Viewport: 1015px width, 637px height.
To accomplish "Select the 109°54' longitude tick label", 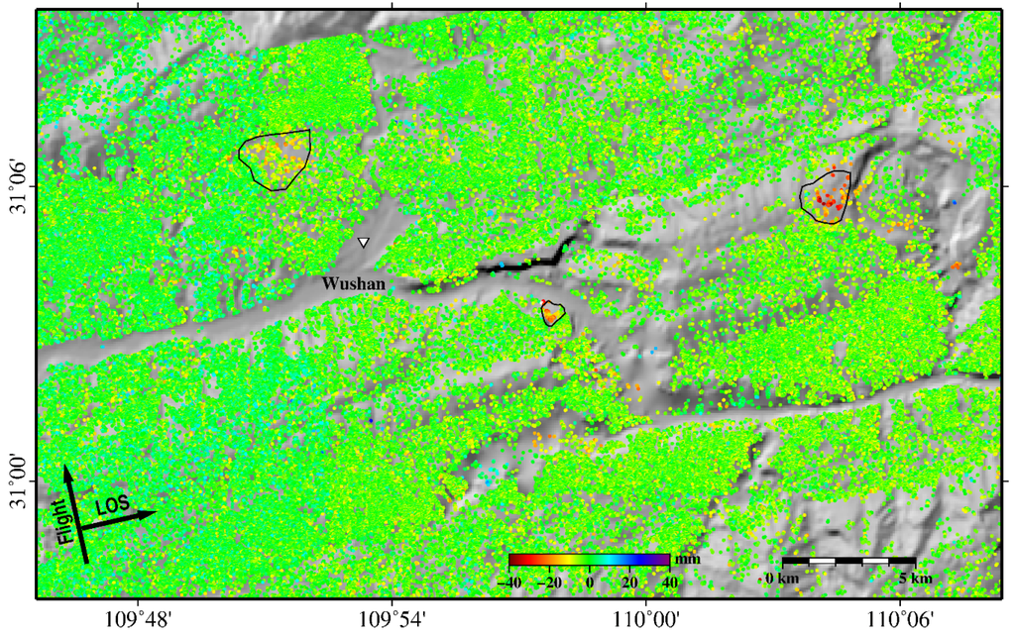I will [393, 618].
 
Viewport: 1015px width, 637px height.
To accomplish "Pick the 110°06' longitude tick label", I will [899, 618].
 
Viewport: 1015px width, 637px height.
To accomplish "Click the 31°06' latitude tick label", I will [17, 184].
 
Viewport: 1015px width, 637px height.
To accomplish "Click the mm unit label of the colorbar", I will [688, 561].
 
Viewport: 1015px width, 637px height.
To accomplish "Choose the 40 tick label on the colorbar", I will [668, 583].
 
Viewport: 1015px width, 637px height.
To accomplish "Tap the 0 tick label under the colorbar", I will [590, 583].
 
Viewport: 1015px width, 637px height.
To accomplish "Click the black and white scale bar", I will [848, 562].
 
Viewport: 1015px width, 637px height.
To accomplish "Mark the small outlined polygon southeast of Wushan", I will [552, 314].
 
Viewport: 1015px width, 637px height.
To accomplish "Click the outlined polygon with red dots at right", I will [826, 196].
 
